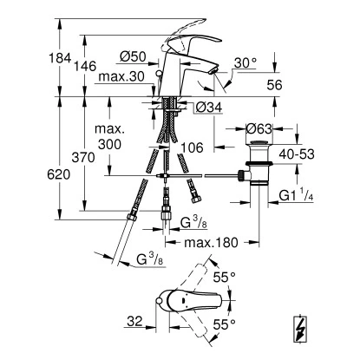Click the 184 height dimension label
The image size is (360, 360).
pos(60,58)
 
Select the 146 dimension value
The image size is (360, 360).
pos(84,67)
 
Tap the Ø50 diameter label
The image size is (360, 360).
pos(134,56)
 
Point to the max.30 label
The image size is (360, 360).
pos(121,77)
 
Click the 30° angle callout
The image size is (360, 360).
pos(245,62)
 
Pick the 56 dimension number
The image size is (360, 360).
pos(274,85)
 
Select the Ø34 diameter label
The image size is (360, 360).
pos(209,108)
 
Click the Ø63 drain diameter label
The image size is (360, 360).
pos(259,128)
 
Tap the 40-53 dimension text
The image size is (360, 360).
pos(297,154)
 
